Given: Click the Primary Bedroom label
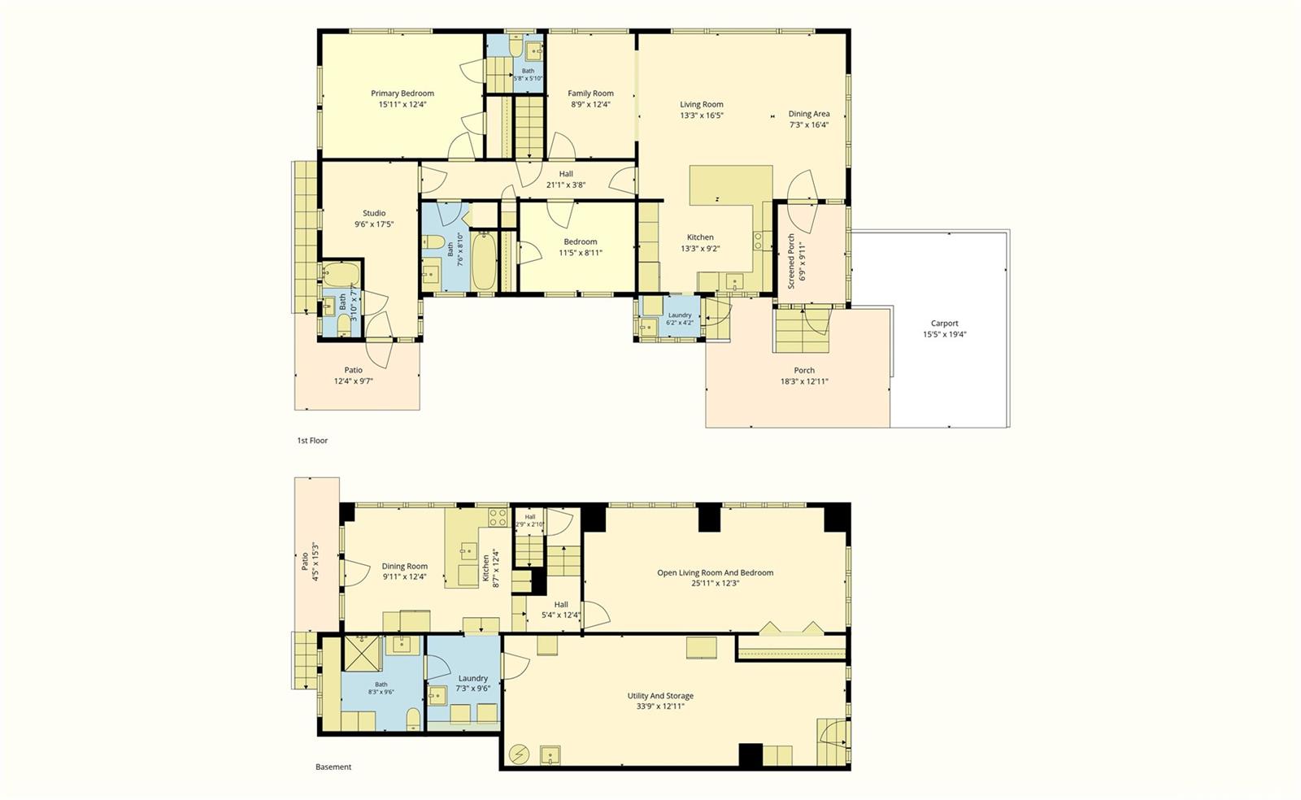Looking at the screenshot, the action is pos(402,93).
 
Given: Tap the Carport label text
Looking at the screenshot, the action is pos(944,324).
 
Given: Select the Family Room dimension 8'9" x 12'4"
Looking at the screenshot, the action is pos(590,105).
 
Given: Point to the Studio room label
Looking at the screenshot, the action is pos(374,213).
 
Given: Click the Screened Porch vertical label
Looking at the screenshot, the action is pos(791,261).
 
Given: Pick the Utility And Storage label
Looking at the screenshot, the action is pos(660,695).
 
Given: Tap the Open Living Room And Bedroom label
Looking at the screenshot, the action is pos(715,572).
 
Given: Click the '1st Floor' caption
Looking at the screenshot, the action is pos(312,441).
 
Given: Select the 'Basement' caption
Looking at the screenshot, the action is pos(333,767).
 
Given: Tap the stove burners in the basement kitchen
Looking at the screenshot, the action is pos(497,517).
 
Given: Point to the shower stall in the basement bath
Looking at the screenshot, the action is pos(361,653).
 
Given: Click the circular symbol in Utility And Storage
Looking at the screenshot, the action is pos(519,754).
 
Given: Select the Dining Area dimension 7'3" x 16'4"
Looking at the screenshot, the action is pos(808,125).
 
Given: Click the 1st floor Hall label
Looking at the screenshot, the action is pos(566,174).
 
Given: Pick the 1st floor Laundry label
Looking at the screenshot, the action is pos(680,315).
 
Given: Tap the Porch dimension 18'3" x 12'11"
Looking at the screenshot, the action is pos(804,381).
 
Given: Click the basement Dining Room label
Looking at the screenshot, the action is pos(404,566).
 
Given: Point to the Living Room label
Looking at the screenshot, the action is pos(702,105).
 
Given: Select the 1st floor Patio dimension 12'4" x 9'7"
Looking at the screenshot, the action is pos(353,381).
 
